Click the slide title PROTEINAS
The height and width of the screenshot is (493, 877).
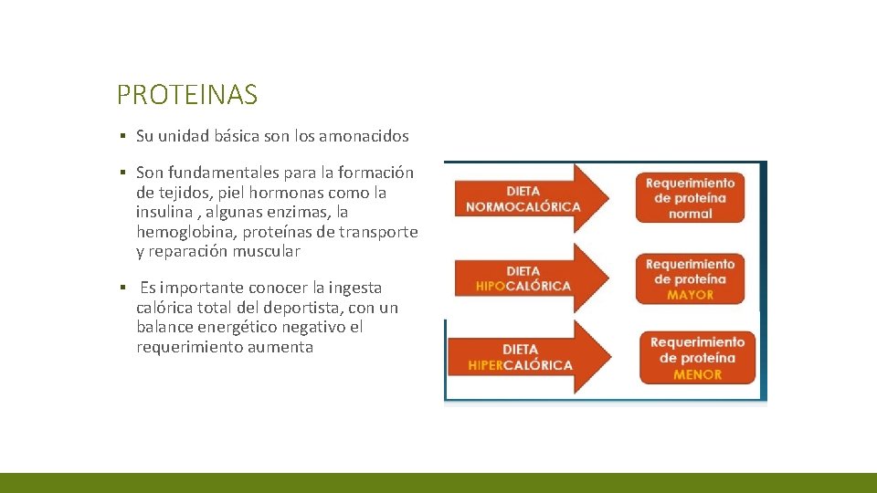(x=187, y=94)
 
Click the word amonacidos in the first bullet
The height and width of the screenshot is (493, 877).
(x=370, y=136)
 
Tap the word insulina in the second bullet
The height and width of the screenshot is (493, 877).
(x=164, y=212)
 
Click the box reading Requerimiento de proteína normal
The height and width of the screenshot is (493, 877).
(x=691, y=197)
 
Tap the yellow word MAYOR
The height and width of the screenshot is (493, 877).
(x=691, y=295)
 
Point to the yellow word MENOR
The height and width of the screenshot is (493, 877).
(x=697, y=374)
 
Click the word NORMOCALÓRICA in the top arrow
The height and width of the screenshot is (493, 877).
(x=523, y=206)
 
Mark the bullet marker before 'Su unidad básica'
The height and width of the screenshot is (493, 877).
(x=122, y=137)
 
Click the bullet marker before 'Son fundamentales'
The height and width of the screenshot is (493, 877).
(x=122, y=173)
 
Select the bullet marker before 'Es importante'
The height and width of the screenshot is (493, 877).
(x=122, y=288)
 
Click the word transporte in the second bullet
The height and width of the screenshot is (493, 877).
(x=378, y=232)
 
